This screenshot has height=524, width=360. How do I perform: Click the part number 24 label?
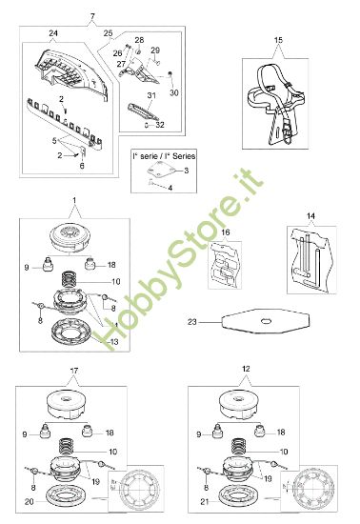pyautogui.click(x=53, y=34)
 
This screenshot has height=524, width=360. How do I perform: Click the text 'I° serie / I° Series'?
pyautogui.click(x=156, y=154)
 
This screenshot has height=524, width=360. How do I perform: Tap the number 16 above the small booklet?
pyautogui.click(x=225, y=232)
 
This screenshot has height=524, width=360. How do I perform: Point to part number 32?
pyautogui.click(x=160, y=125)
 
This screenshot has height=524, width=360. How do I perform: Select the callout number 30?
pyautogui.click(x=173, y=93)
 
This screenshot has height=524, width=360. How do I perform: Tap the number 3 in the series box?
pyautogui.click(x=187, y=169)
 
